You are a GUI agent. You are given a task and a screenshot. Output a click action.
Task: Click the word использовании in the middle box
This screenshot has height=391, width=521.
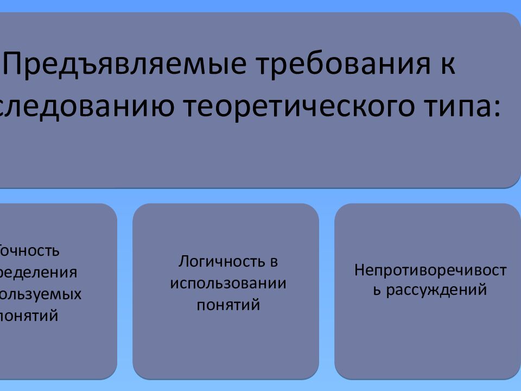tap(228, 283)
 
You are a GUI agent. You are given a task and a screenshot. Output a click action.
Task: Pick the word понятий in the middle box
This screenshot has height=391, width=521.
tap(228, 305)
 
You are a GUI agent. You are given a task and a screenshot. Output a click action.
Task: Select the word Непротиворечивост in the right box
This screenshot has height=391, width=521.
tap(430, 270)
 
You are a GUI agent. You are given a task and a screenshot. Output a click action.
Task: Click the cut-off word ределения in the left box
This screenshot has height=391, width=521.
tap(39, 272)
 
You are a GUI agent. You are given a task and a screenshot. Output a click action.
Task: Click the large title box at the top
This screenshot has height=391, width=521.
tap(260, 157)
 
